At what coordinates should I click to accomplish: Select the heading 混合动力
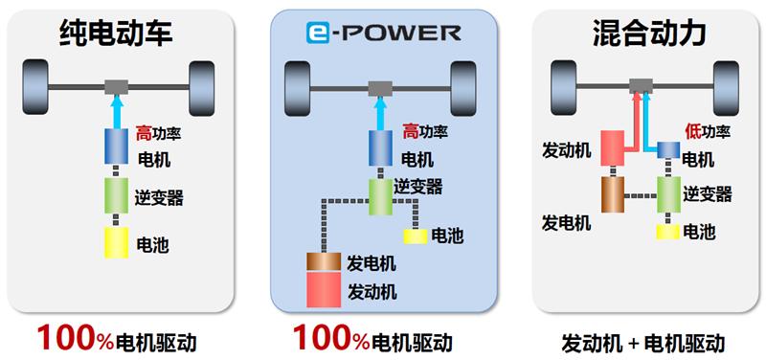(x=649, y=34)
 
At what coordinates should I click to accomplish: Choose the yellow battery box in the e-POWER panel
(x=414, y=236)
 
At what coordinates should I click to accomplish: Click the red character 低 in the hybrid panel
(x=693, y=132)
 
